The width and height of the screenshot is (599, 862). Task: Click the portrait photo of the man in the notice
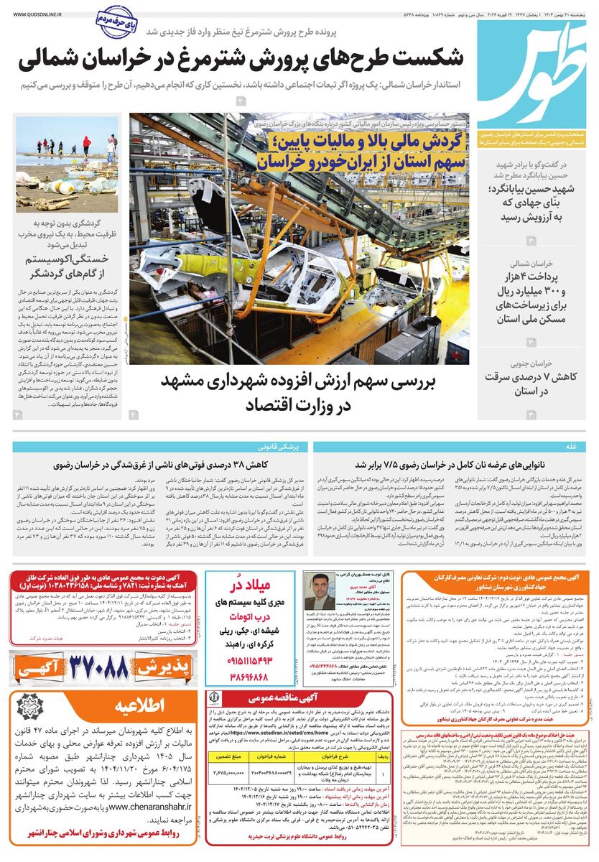coord(319,592)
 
